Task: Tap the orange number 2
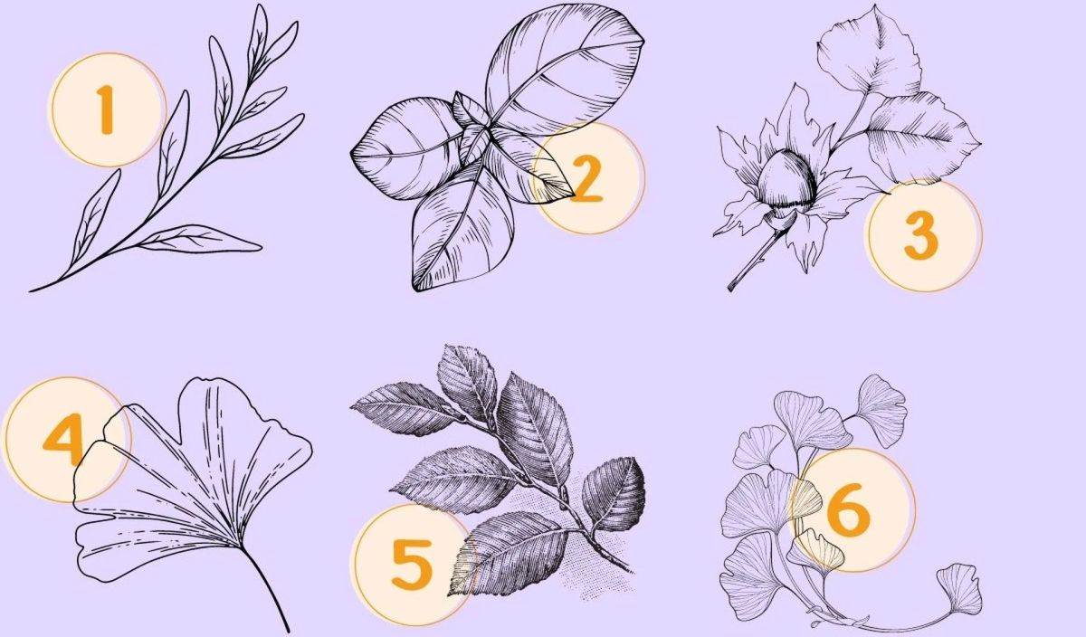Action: (586, 180)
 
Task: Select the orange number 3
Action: (921, 237)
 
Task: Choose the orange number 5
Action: (412, 565)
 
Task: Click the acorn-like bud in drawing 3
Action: (785, 186)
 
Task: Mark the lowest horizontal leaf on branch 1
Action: (200, 240)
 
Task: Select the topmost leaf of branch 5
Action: (466, 382)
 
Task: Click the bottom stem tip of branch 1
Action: (31, 290)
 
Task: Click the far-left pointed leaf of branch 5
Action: (405, 408)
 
